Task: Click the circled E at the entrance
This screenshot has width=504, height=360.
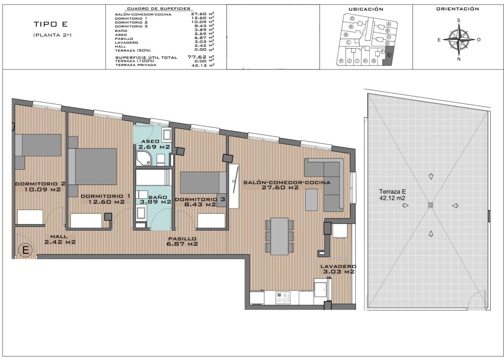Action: coord(26,250)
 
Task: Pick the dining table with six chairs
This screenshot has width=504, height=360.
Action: coord(280,236)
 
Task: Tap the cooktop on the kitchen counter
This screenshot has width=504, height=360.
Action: coord(283,297)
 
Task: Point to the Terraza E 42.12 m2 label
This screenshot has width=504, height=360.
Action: coord(393,195)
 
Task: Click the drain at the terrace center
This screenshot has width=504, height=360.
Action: coord(431,205)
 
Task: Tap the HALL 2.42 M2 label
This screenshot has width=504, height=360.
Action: coord(60,239)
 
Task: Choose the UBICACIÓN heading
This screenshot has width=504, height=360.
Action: coord(365,9)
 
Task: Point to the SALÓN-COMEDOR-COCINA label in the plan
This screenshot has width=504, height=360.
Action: coord(286,184)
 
